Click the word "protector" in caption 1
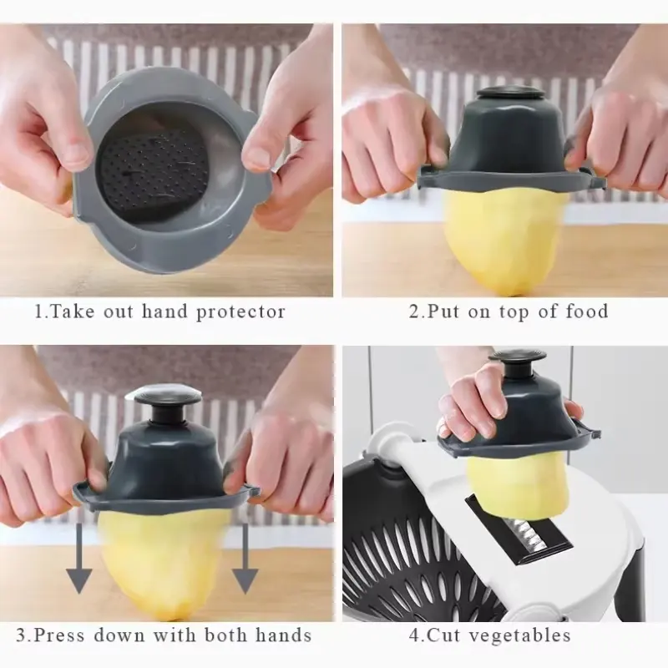(x=240, y=312)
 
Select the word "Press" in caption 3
(x=59, y=635)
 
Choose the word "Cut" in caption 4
(x=443, y=635)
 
